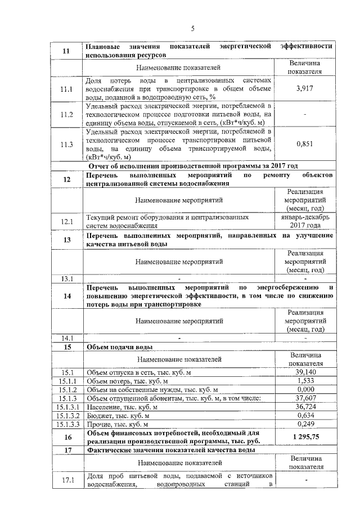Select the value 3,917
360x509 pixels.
[x=304, y=89]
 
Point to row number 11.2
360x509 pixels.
[x=67, y=115]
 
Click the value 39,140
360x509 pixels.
[x=304, y=372]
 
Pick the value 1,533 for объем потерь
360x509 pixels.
[x=304, y=381]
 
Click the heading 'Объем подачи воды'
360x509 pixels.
[x=119, y=346]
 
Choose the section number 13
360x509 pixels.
[x=67, y=240]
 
